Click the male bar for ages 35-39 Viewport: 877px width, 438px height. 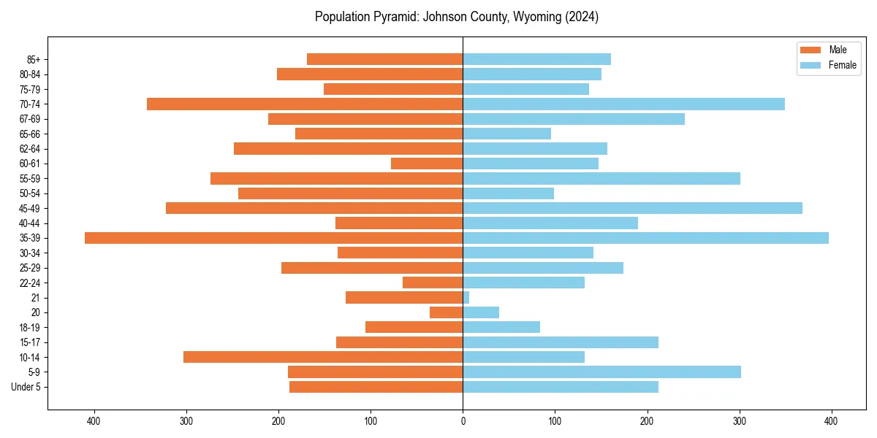273,238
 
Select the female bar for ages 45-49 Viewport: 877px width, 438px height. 632,208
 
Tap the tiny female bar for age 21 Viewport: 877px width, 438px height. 466,298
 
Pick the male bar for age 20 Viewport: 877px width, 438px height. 447,312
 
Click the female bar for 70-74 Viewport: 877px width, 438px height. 623,104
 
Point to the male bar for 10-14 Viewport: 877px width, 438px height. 323,357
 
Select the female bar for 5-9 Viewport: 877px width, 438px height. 601,372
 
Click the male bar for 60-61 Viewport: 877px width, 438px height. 427,164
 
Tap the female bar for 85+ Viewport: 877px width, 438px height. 536,59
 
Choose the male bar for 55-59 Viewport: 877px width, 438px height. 336,179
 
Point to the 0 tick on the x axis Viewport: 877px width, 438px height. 463,420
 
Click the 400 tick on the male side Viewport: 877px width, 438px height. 94,420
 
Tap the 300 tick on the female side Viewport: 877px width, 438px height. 740,420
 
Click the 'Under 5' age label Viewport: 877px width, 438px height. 26,387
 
